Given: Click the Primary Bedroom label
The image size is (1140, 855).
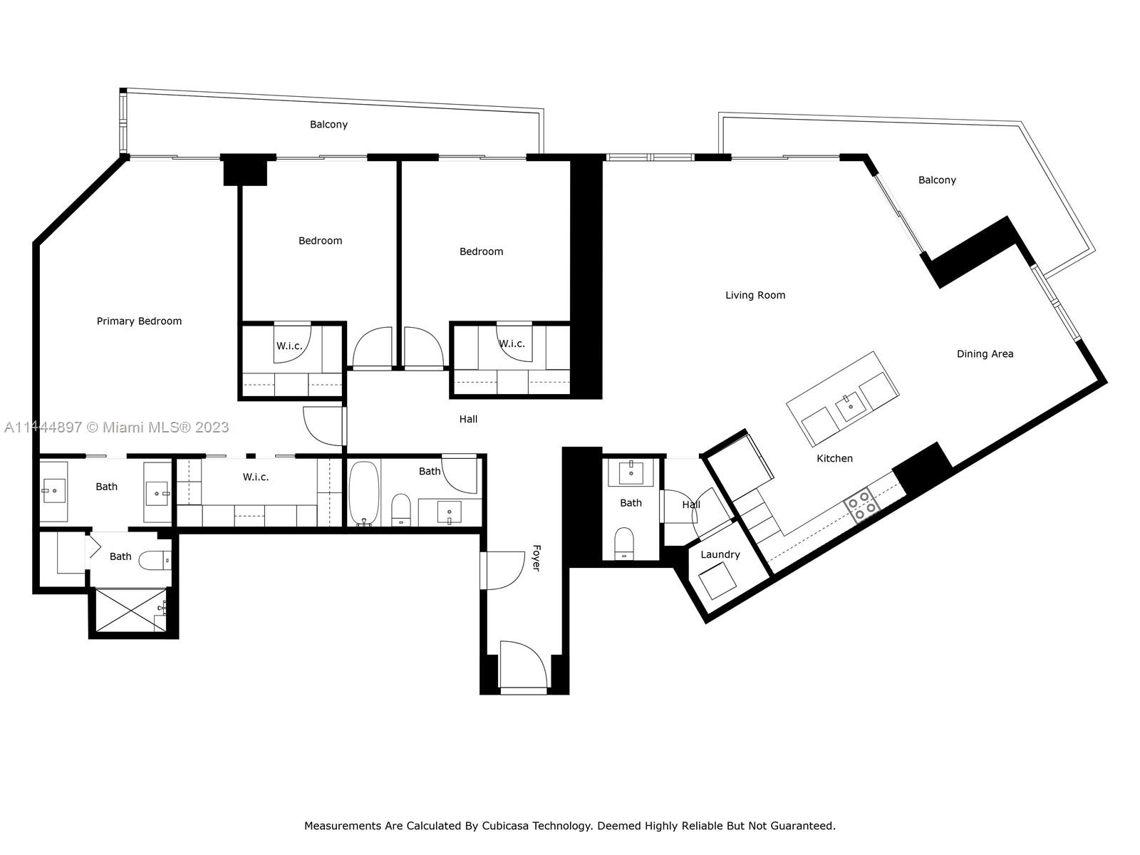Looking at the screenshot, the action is [139, 321].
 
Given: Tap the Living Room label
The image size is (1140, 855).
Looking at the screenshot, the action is [755, 296].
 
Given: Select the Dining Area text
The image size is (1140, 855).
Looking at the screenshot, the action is [985, 354].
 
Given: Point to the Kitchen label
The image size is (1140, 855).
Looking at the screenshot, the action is [834, 458].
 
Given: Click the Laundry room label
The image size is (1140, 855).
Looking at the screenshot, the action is [720, 554].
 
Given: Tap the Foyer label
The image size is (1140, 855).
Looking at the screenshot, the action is [537, 558].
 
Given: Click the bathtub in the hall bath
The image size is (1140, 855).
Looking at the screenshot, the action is [364, 492].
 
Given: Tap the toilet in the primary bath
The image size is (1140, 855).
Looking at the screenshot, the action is [155, 561].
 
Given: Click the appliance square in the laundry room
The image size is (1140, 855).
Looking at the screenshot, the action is [717, 581].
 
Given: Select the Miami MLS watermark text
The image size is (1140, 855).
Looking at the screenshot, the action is [116, 427].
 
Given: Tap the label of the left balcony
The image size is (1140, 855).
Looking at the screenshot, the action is [328, 125].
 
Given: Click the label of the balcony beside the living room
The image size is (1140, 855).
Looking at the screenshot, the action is [937, 180].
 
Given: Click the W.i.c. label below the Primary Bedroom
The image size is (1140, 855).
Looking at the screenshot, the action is [256, 477].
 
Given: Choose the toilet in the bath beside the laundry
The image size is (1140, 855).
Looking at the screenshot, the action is [623, 544].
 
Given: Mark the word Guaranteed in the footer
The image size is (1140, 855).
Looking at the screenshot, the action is [802, 825].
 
